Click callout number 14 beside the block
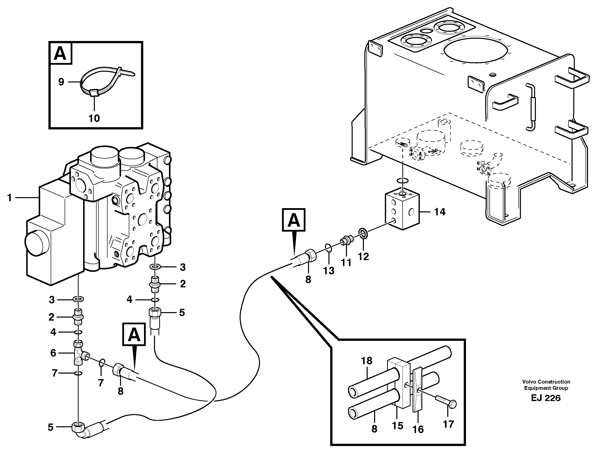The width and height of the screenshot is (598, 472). coord(440,212)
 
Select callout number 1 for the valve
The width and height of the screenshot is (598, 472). coord(9,198)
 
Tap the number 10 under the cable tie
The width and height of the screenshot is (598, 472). coord(94,118)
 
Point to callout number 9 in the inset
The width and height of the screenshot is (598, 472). coord(61,82)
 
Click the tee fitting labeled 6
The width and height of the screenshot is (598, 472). coord(79,353)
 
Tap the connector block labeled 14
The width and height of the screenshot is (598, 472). coord(402,211)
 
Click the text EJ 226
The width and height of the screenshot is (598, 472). coord(546,398)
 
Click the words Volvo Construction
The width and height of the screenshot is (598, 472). coord(546,382)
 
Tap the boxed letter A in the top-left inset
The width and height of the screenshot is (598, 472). coord(60,53)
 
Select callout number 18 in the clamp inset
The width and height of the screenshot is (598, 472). coord(366,360)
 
